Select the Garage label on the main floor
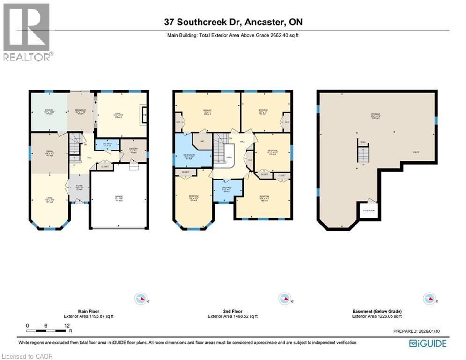[119, 198]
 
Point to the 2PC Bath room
[106, 145]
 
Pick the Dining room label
[49, 152]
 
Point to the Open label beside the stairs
[229, 158]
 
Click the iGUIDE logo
[428, 344]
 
